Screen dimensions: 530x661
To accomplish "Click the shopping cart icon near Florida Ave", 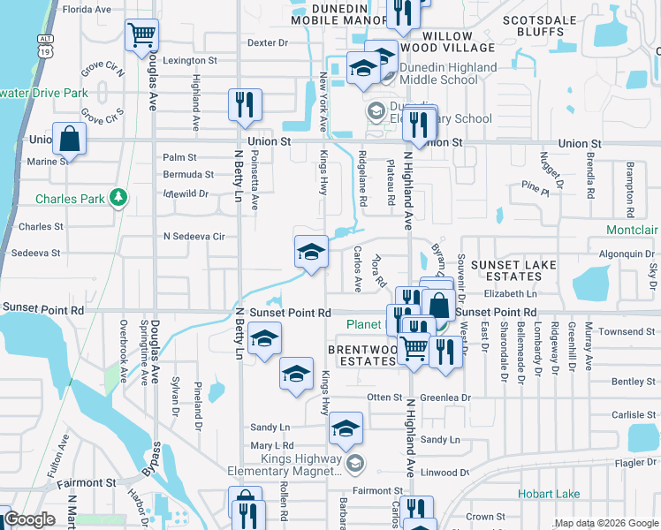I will click(x=141, y=35).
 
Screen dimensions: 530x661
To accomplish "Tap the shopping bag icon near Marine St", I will click(x=69, y=139).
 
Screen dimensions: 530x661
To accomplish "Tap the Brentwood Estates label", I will click(x=362, y=355).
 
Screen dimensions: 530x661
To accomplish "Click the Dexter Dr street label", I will click(x=268, y=42).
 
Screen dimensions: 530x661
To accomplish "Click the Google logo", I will click(x=29, y=519).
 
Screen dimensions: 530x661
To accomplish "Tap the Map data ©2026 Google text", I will click(x=606, y=523).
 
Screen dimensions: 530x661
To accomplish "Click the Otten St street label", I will click(x=384, y=397).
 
